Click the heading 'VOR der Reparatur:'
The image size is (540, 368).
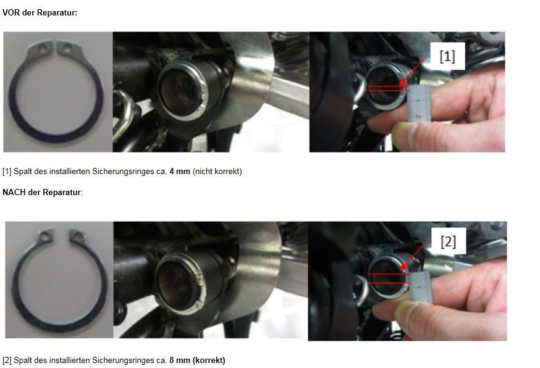point(40,13)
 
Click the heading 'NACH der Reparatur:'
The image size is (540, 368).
point(43,192)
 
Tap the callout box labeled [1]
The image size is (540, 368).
point(447,56)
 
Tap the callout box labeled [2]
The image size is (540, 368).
point(449,241)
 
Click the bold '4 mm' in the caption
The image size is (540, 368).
point(180,172)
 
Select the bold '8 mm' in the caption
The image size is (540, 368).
point(180,361)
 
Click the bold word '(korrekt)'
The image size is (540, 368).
point(209,361)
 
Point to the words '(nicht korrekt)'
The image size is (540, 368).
point(217,172)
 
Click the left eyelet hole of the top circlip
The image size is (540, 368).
point(42,49)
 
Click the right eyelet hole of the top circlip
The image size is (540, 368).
point(67,49)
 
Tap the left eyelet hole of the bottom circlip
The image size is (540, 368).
point(44,236)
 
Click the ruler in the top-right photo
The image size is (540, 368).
point(418,103)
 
